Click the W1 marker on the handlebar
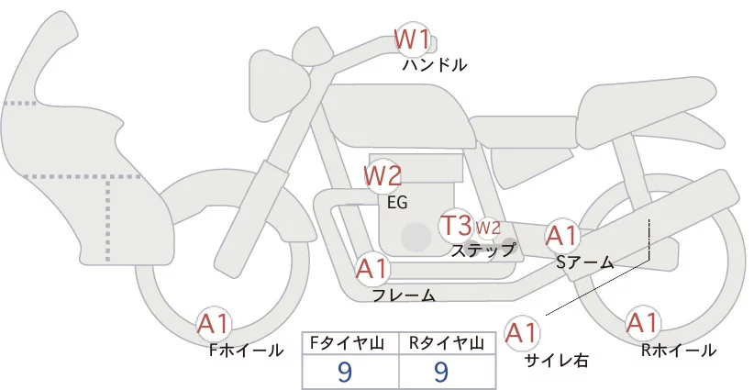coord(412,39)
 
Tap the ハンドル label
coord(435,65)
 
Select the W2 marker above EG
coord(383,174)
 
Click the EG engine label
coord(397,203)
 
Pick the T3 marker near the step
coord(456,225)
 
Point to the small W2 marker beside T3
coord(487,228)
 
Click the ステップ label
coord(483,249)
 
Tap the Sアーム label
coord(584,262)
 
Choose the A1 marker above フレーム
coord(372,269)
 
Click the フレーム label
coord(403,295)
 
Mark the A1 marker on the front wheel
coord(215,323)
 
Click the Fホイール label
coord(246,350)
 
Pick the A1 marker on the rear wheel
coord(641,323)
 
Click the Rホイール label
coord(679,350)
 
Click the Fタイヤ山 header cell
coord(351,344)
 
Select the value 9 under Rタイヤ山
coord(441,372)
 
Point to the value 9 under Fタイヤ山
coord(345,372)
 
